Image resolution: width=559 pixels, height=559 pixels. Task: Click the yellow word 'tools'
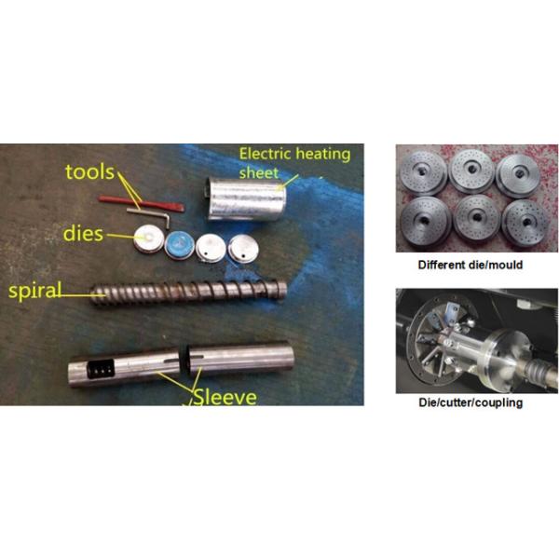(89, 171)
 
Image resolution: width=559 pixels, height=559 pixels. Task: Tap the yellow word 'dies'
(84, 234)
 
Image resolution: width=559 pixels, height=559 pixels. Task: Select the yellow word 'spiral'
(35, 292)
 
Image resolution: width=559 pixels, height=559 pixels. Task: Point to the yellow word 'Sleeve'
(225, 397)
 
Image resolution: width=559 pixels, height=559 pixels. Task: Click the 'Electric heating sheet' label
(294, 163)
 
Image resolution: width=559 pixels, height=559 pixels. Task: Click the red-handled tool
(142, 203)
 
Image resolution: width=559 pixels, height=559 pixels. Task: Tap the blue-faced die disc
(180, 245)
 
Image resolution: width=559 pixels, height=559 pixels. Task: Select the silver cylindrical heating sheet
(246, 199)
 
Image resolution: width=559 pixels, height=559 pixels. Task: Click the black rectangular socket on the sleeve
(102, 369)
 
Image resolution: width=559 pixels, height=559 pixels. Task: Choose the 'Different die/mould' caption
(470, 265)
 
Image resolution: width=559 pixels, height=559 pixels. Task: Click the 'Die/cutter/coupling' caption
(470, 402)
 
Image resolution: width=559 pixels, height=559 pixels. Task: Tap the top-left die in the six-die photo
(423, 172)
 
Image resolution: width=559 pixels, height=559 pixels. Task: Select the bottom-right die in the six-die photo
(525, 223)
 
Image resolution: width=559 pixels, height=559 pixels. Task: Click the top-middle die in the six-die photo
(472, 171)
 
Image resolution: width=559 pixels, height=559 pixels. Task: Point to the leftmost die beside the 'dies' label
(149, 239)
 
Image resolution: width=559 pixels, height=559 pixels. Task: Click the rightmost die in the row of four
(243, 249)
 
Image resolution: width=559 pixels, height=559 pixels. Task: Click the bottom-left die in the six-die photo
(425, 220)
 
